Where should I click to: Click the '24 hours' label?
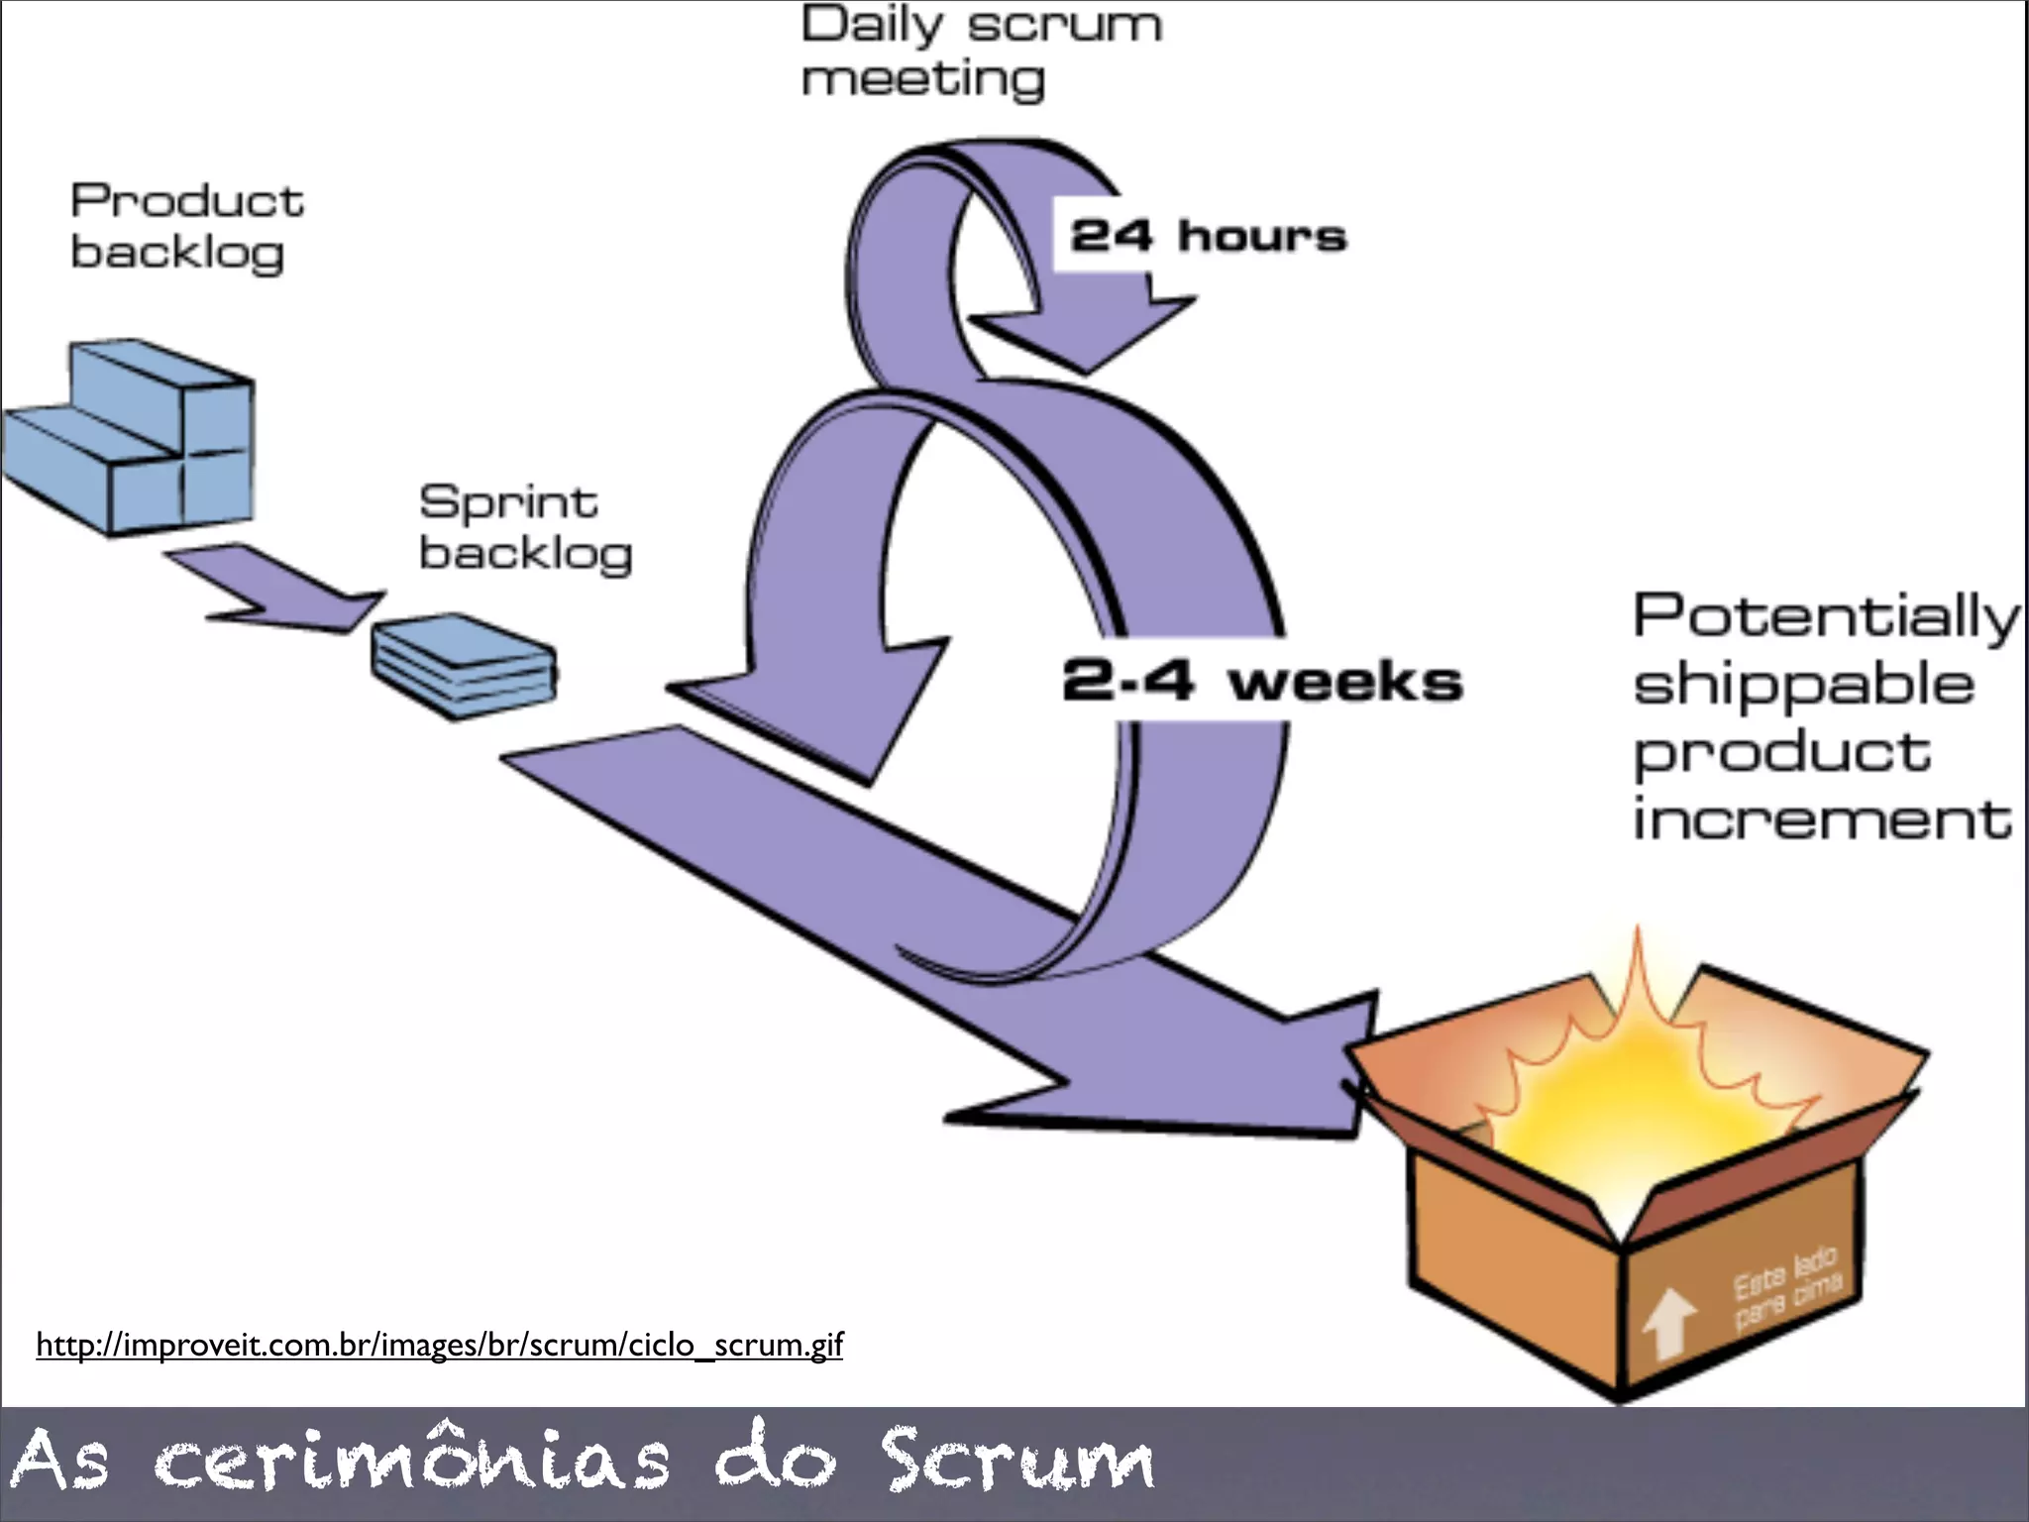tap(1208, 236)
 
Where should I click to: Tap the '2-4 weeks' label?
tap(1261, 682)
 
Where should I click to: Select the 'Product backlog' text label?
tap(186, 226)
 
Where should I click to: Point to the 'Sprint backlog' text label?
tap(525, 527)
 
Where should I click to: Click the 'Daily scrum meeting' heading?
tap(980, 52)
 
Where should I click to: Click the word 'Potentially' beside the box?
tap(1825, 616)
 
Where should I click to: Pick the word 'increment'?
tap(1821, 820)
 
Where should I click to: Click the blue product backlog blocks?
tap(139, 436)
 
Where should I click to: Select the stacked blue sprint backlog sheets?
tap(464, 664)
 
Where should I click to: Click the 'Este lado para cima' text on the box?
tap(1785, 1286)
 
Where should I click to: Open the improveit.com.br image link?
tap(439, 1345)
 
